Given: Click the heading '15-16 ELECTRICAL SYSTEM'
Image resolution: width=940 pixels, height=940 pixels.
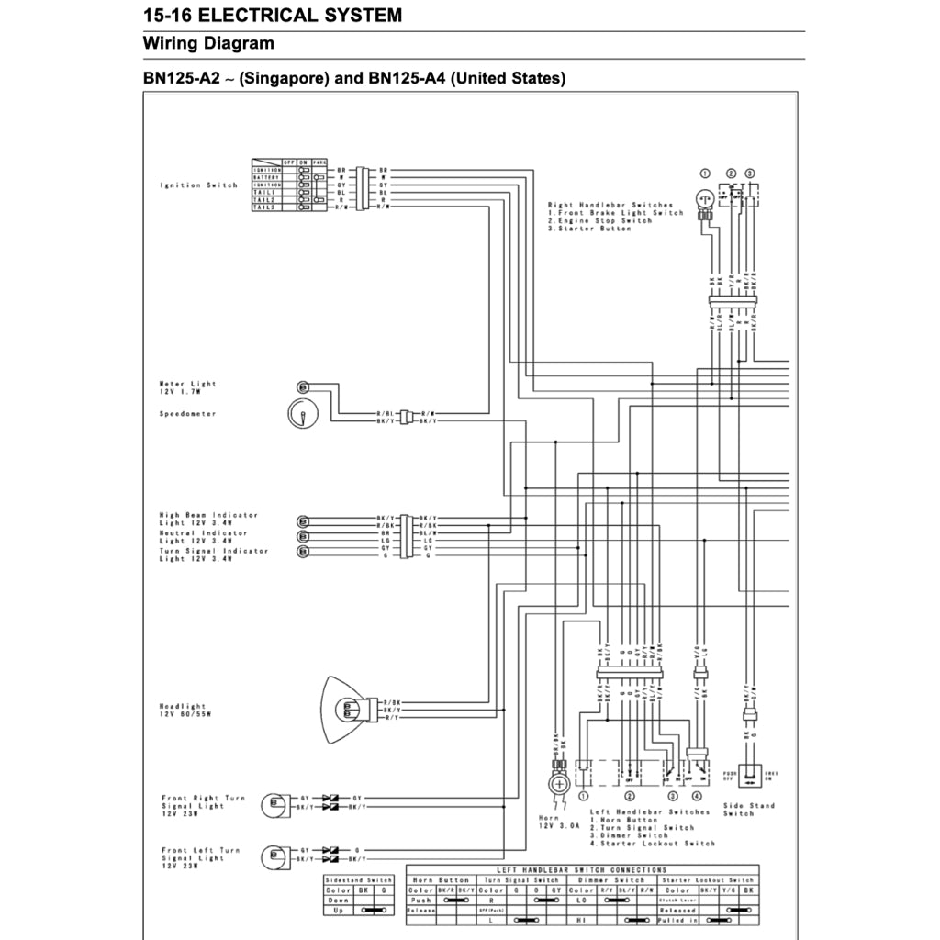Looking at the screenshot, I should point(273,15).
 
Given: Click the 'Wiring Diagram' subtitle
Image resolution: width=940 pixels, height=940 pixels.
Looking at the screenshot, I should point(208,43).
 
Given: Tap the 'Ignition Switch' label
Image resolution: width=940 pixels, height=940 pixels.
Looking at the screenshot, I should point(198,185).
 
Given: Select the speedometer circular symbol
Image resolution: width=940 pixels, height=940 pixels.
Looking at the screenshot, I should point(300,415).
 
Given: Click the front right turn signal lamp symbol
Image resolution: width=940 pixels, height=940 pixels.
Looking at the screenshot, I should point(273,803).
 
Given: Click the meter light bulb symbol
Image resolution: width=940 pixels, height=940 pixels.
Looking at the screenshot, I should point(303,386).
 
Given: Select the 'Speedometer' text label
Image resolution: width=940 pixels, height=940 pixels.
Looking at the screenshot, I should point(188,414).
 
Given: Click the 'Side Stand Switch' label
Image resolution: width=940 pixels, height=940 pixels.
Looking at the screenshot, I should point(748,810).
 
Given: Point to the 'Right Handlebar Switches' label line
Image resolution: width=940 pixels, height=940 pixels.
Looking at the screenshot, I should point(610,205).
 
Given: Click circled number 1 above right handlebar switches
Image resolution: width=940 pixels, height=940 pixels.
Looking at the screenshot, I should point(705,173).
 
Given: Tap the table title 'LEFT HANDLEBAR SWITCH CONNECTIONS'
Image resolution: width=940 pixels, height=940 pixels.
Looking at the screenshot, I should point(581,869).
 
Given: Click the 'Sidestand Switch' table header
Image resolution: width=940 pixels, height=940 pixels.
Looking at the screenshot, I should point(359,879).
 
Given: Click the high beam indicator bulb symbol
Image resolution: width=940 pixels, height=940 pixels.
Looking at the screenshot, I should point(303,520).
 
